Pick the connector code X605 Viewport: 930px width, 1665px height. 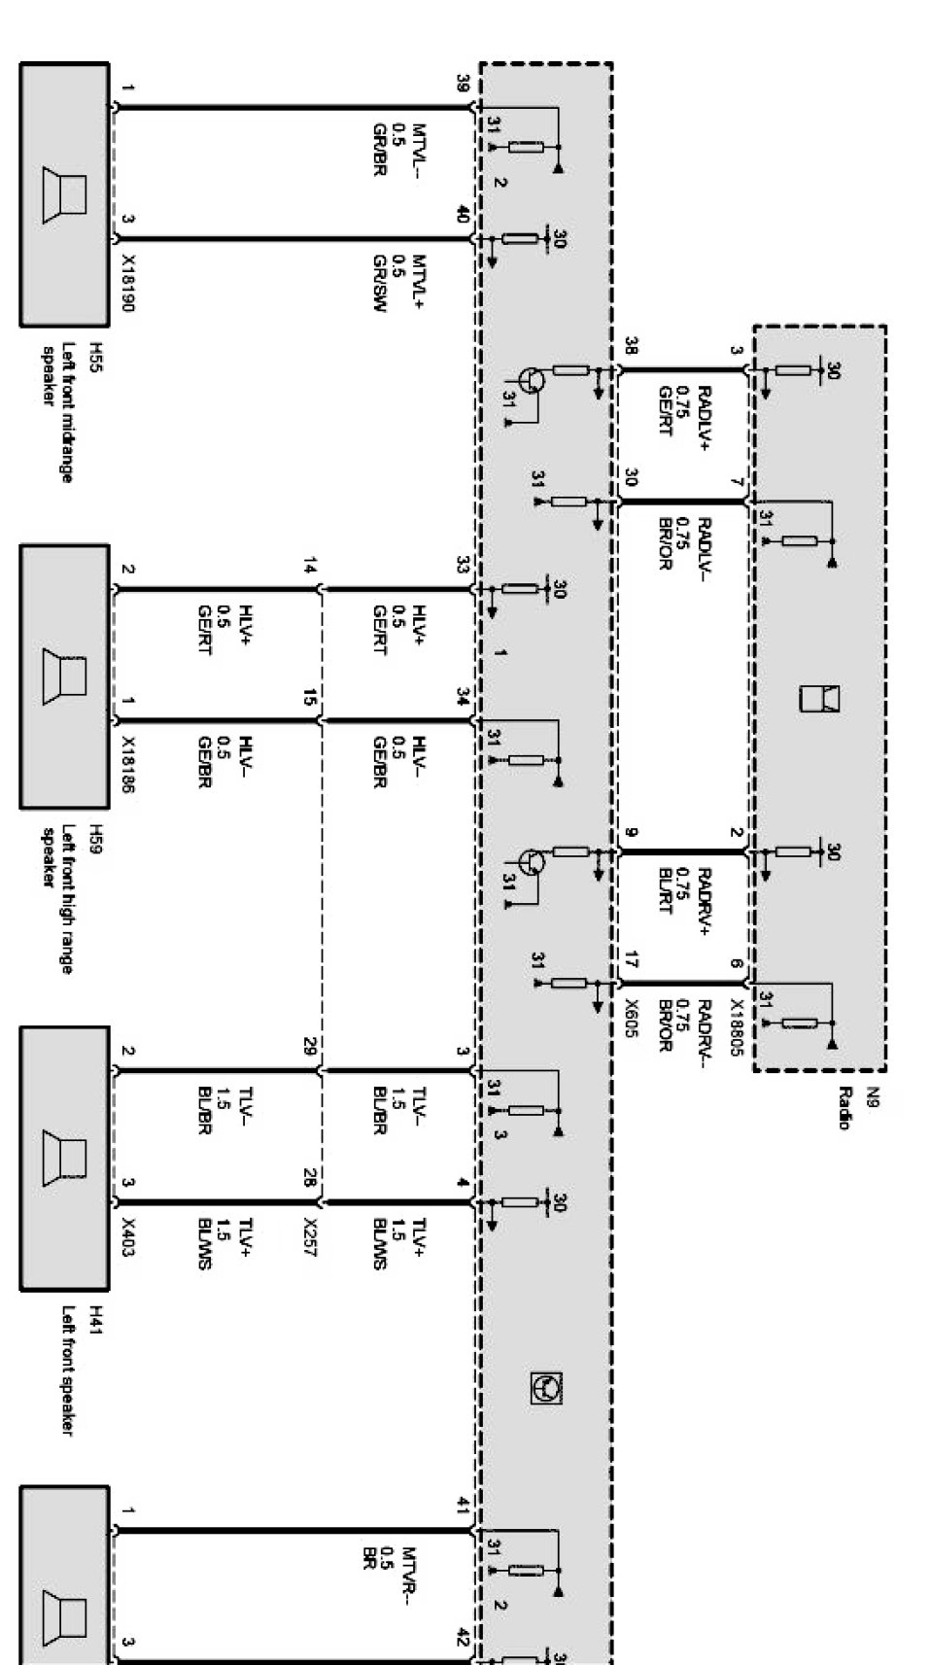[631, 1021]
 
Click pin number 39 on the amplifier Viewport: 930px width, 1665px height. [463, 85]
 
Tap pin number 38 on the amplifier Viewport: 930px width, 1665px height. [631, 346]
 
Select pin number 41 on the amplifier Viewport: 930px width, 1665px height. [463, 1506]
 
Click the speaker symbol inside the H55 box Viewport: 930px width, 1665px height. [64, 194]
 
